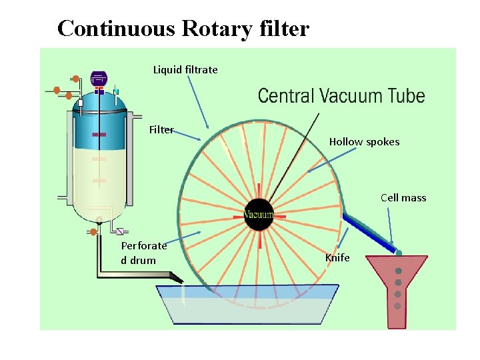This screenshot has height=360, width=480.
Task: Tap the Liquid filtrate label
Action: [185, 69]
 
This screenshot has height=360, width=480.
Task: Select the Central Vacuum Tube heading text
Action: [341, 96]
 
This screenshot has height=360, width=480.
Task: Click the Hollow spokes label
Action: [364, 141]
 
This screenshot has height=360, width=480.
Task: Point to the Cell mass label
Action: [403, 197]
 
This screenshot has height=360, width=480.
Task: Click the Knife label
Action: [337, 257]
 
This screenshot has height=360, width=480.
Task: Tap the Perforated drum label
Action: [144, 253]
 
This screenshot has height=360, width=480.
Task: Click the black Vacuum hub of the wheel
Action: [259, 215]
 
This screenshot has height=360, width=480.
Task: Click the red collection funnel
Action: [397, 287]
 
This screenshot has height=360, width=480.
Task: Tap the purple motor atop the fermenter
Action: [99, 79]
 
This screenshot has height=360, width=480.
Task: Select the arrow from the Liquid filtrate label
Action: [198, 100]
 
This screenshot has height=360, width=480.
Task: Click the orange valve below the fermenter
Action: [93, 232]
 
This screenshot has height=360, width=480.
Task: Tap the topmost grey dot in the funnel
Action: [398, 271]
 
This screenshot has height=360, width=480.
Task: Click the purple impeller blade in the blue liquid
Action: [99, 135]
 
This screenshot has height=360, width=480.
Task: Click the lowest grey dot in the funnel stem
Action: [398, 306]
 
